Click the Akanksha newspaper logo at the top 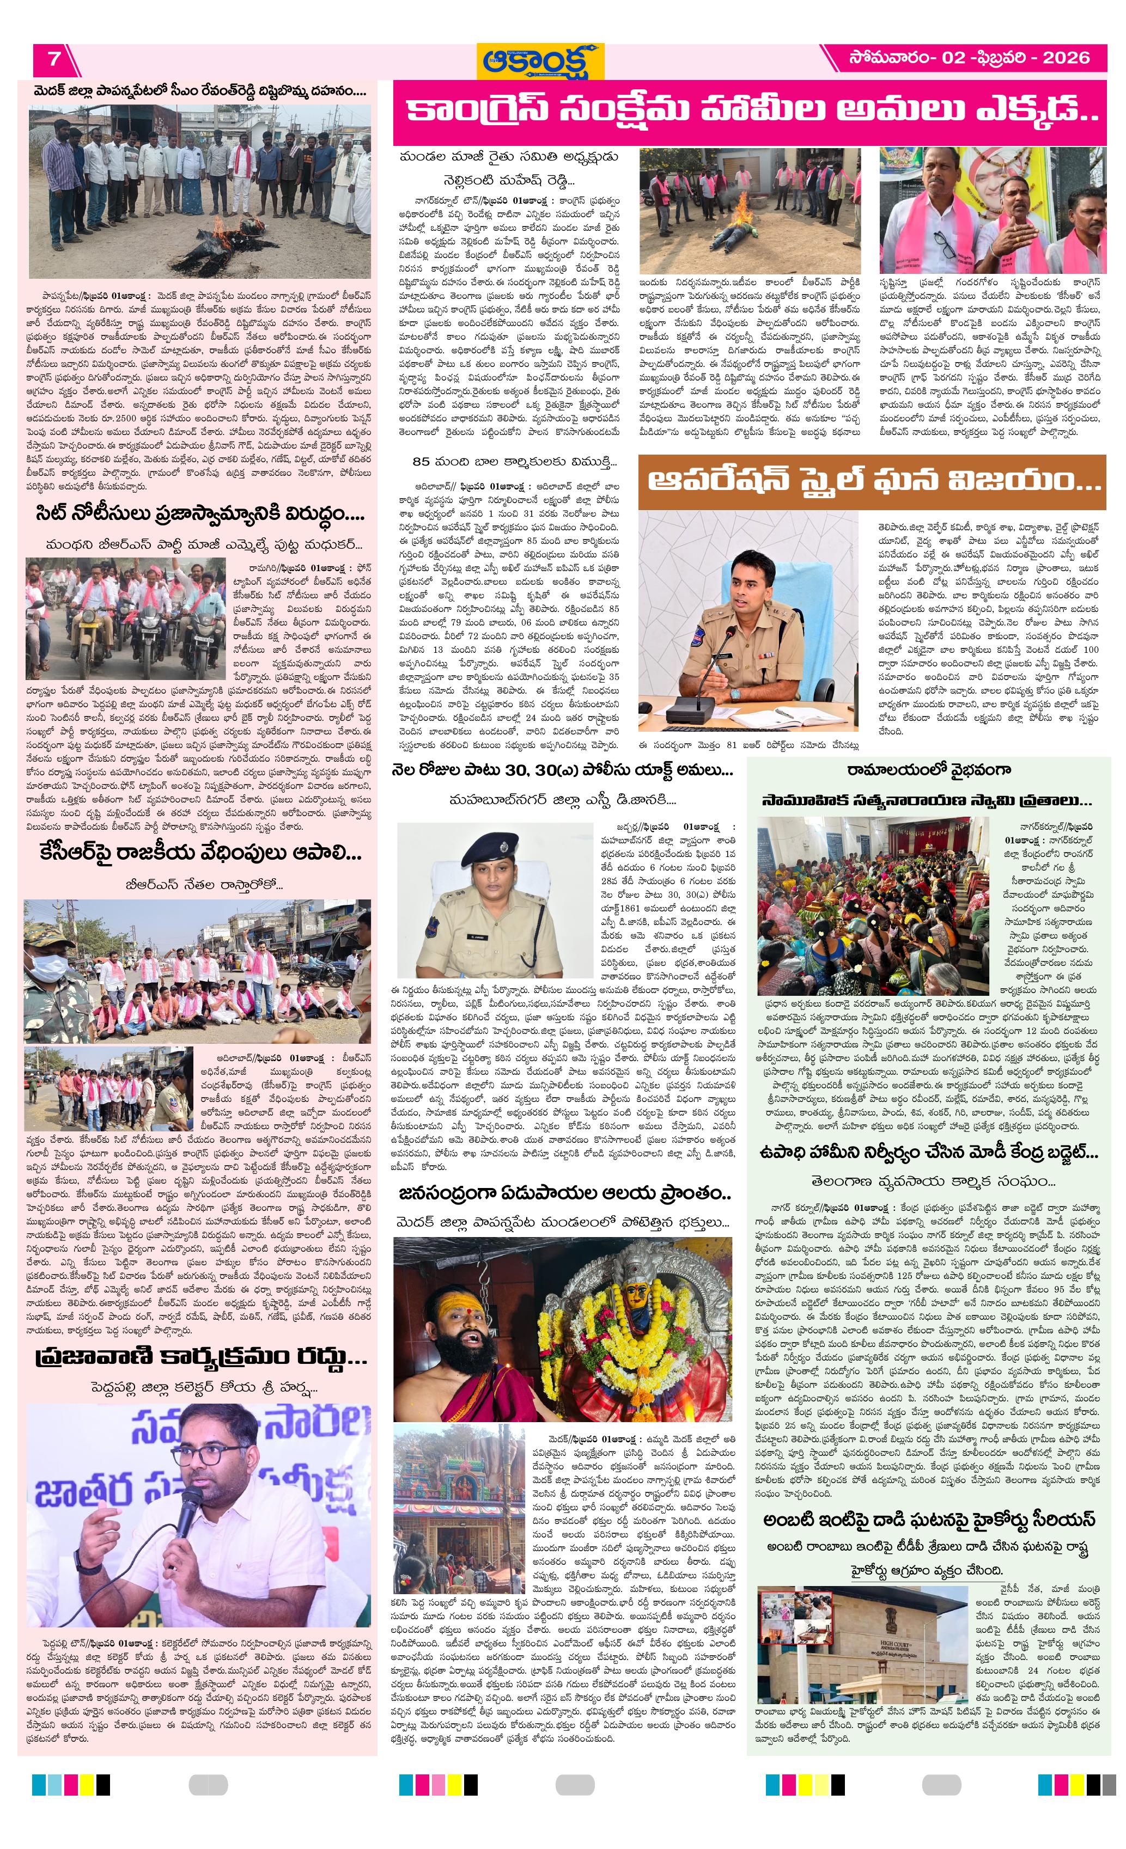point(543,60)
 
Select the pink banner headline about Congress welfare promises point(749,112)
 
